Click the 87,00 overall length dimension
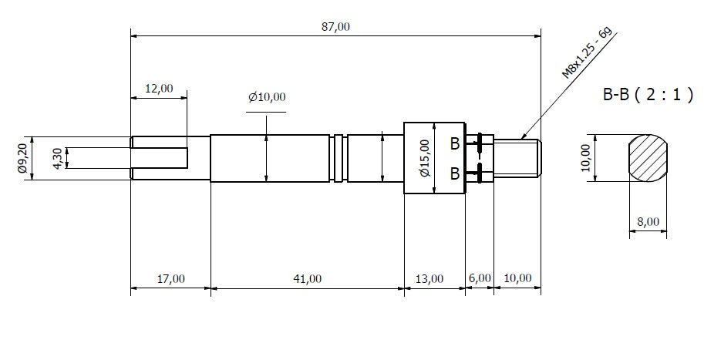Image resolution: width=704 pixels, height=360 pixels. (x=335, y=26)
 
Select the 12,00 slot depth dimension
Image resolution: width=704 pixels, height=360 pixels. (x=159, y=89)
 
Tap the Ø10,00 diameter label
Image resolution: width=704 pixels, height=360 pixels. (x=267, y=97)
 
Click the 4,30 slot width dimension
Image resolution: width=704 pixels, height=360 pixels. (x=58, y=158)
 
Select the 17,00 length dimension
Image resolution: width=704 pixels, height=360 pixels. (x=170, y=278)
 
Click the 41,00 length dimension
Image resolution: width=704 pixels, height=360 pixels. (x=307, y=278)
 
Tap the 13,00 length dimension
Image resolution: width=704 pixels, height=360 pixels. (x=429, y=278)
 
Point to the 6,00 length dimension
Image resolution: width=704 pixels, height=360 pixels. (x=479, y=278)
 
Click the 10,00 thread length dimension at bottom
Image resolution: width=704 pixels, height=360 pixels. (x=517, y=278)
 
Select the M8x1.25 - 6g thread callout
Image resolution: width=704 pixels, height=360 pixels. (x=587, y=52)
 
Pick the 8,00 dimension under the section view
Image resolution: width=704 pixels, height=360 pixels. (x=648, y=222)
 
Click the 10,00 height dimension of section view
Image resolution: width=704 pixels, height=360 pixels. (x=587, y=158)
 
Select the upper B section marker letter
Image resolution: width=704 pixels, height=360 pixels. (x=455, y=143)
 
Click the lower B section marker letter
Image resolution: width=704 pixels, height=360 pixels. (x=455, y=173)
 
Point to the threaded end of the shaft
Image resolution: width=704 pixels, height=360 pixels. (x=518, y=158)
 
